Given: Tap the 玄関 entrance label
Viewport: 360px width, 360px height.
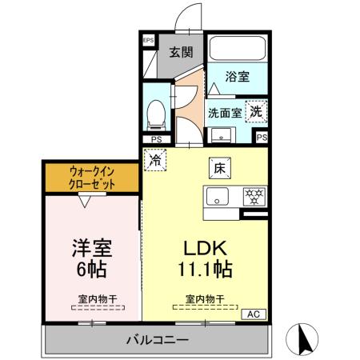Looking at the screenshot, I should [x=180, y=53].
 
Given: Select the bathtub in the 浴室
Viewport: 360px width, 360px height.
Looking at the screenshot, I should [x=237, y=50].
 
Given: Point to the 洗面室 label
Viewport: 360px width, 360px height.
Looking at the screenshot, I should [x=226, y=113].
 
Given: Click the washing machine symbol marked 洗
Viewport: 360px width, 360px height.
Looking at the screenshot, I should [x=255, y=111].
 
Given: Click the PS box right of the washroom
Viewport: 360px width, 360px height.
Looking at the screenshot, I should [x=262, y=138].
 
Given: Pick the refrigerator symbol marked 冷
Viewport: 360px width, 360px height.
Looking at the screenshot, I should [x=154, y=159].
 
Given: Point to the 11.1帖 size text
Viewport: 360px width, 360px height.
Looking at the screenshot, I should [x=203, y=269].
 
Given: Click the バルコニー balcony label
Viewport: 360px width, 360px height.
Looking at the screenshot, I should [x=157, y=340].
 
